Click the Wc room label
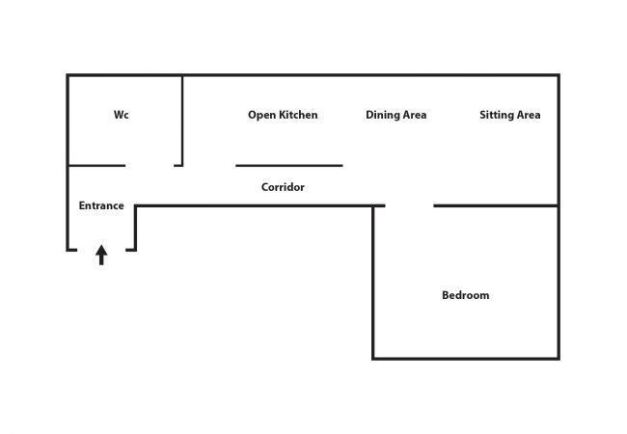point(121,115)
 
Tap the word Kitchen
point(298,115)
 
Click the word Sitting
point(496,115)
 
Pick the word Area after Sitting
point(527,115)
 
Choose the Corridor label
point(283,187)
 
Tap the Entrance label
point(101,205)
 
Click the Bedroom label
point(465,295)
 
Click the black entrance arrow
point(101,255)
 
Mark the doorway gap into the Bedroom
point(409,205)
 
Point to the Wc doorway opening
point(150,165)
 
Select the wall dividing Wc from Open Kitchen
point(182,120)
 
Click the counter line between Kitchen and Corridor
point(288,165)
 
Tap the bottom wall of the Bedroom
point(465,358)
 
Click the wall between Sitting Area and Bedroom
point(496,205)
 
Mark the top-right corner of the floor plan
point(559,75)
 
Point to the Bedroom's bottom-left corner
point(373,358)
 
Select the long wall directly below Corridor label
point(255,205)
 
